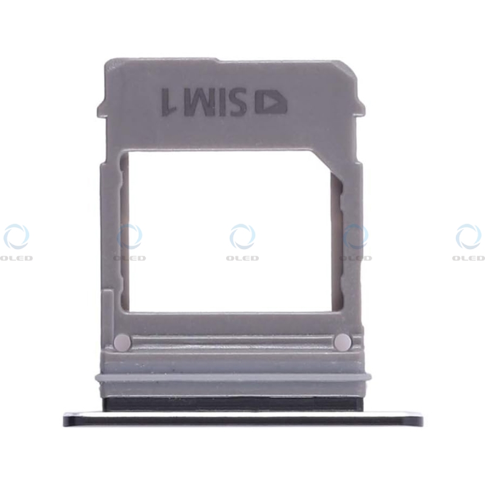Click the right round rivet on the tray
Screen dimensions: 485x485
[x=343, y=342]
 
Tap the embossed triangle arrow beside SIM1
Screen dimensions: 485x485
[x=270, y=102]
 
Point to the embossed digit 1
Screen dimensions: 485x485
[x=169, y=102]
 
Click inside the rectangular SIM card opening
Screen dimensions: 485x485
[x=230, y=232]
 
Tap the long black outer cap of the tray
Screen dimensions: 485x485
[x=243, y=418]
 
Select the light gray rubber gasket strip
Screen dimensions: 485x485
[x=233, y=377]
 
